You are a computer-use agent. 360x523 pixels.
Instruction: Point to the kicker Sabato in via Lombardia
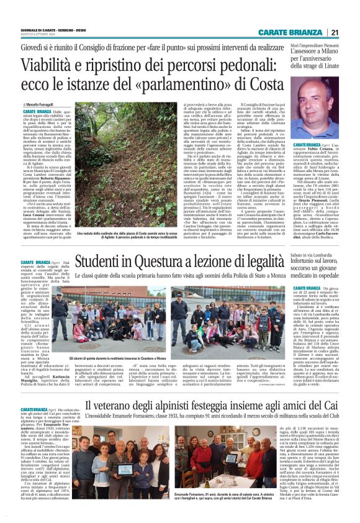coord(314,254)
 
